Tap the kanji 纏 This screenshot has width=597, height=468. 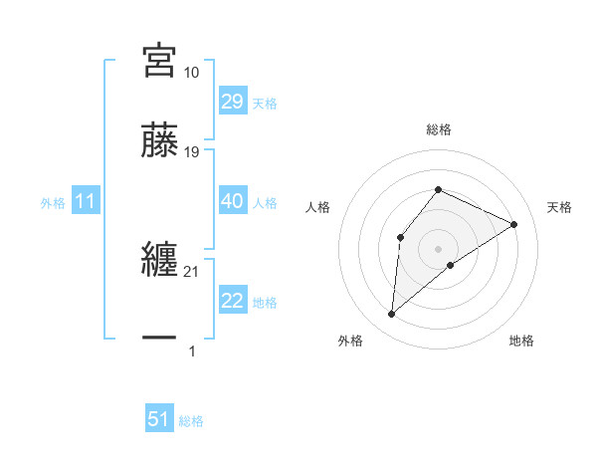pos(160,260)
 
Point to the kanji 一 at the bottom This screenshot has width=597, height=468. pos(160,339)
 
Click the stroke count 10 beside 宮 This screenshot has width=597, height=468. pos(192,73)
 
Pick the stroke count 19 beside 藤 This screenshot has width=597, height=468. pos(192,152)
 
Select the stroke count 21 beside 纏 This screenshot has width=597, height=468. pos(192,272)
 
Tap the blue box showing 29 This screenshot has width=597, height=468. pos(232,102)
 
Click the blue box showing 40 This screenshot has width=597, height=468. pos(232,201)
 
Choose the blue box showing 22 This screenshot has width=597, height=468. pos(232,301)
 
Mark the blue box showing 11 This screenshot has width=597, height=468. pos(86,202)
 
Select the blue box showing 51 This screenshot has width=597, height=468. pos(159,419)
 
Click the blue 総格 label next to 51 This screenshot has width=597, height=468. pos(191,421)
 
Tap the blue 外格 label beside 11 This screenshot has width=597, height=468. pos(53,203)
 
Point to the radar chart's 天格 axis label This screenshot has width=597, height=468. pos(559,207)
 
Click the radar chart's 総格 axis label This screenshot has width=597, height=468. pos(438,129)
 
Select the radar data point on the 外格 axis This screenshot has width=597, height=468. pos(392,315)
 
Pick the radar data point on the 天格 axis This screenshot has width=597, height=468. pos(513,224)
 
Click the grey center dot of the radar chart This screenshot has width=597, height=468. pos(438,248)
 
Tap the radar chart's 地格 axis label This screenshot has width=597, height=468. pos(521,341)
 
